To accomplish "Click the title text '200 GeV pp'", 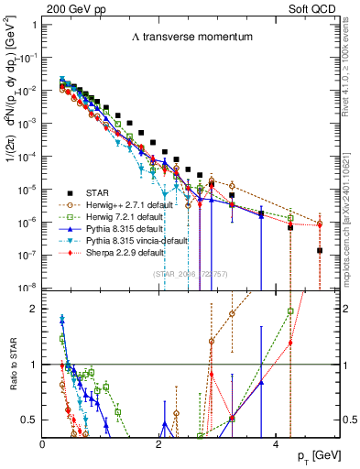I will click(x=69, y=6).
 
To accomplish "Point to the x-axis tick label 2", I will click(x=159, y=444).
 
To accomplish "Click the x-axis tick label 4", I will click(x=276, y=444).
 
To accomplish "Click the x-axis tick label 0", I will click(x=43, y=444).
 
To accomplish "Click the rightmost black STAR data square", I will click(x=320, y=250).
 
